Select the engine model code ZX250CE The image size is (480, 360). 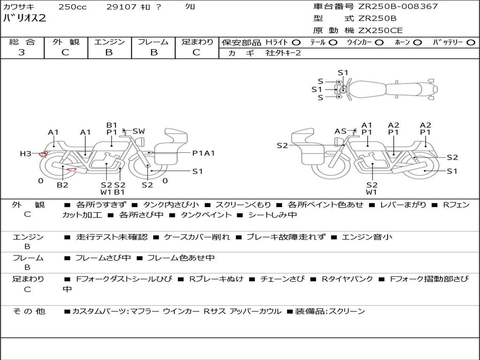pos(380,30)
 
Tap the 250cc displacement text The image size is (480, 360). pos(73,7)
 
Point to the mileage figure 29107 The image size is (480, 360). pos(121,7)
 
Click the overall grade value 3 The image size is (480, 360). pos(22,52)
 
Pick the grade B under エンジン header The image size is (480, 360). pos(109,52)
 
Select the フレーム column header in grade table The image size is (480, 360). pos(153,42)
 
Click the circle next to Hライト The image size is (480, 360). pos(296,43)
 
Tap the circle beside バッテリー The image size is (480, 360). pos(471,43)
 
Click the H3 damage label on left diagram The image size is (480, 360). pos(26,153)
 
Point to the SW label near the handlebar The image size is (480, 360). pos(139,131)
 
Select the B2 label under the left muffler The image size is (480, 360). pos(62,185)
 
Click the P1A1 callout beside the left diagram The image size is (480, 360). pos(203,153)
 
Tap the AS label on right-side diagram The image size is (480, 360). pos(340,131)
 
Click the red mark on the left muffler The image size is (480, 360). pos(72,169)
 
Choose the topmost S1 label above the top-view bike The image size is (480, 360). pos(343,73)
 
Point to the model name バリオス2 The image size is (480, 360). pos(24,18)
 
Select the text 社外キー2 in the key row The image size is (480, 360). pos(283,53)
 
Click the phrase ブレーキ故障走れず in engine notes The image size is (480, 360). pos(286,237)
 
